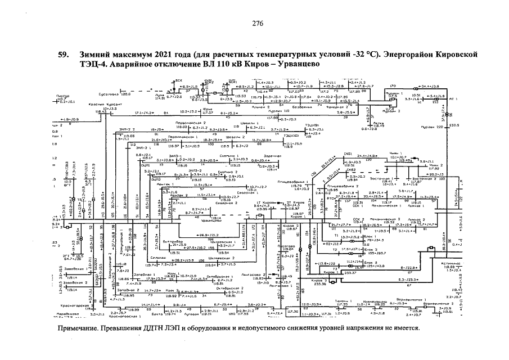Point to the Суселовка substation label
click(x=110, y=94)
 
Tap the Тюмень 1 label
click(x=344, y=302)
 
